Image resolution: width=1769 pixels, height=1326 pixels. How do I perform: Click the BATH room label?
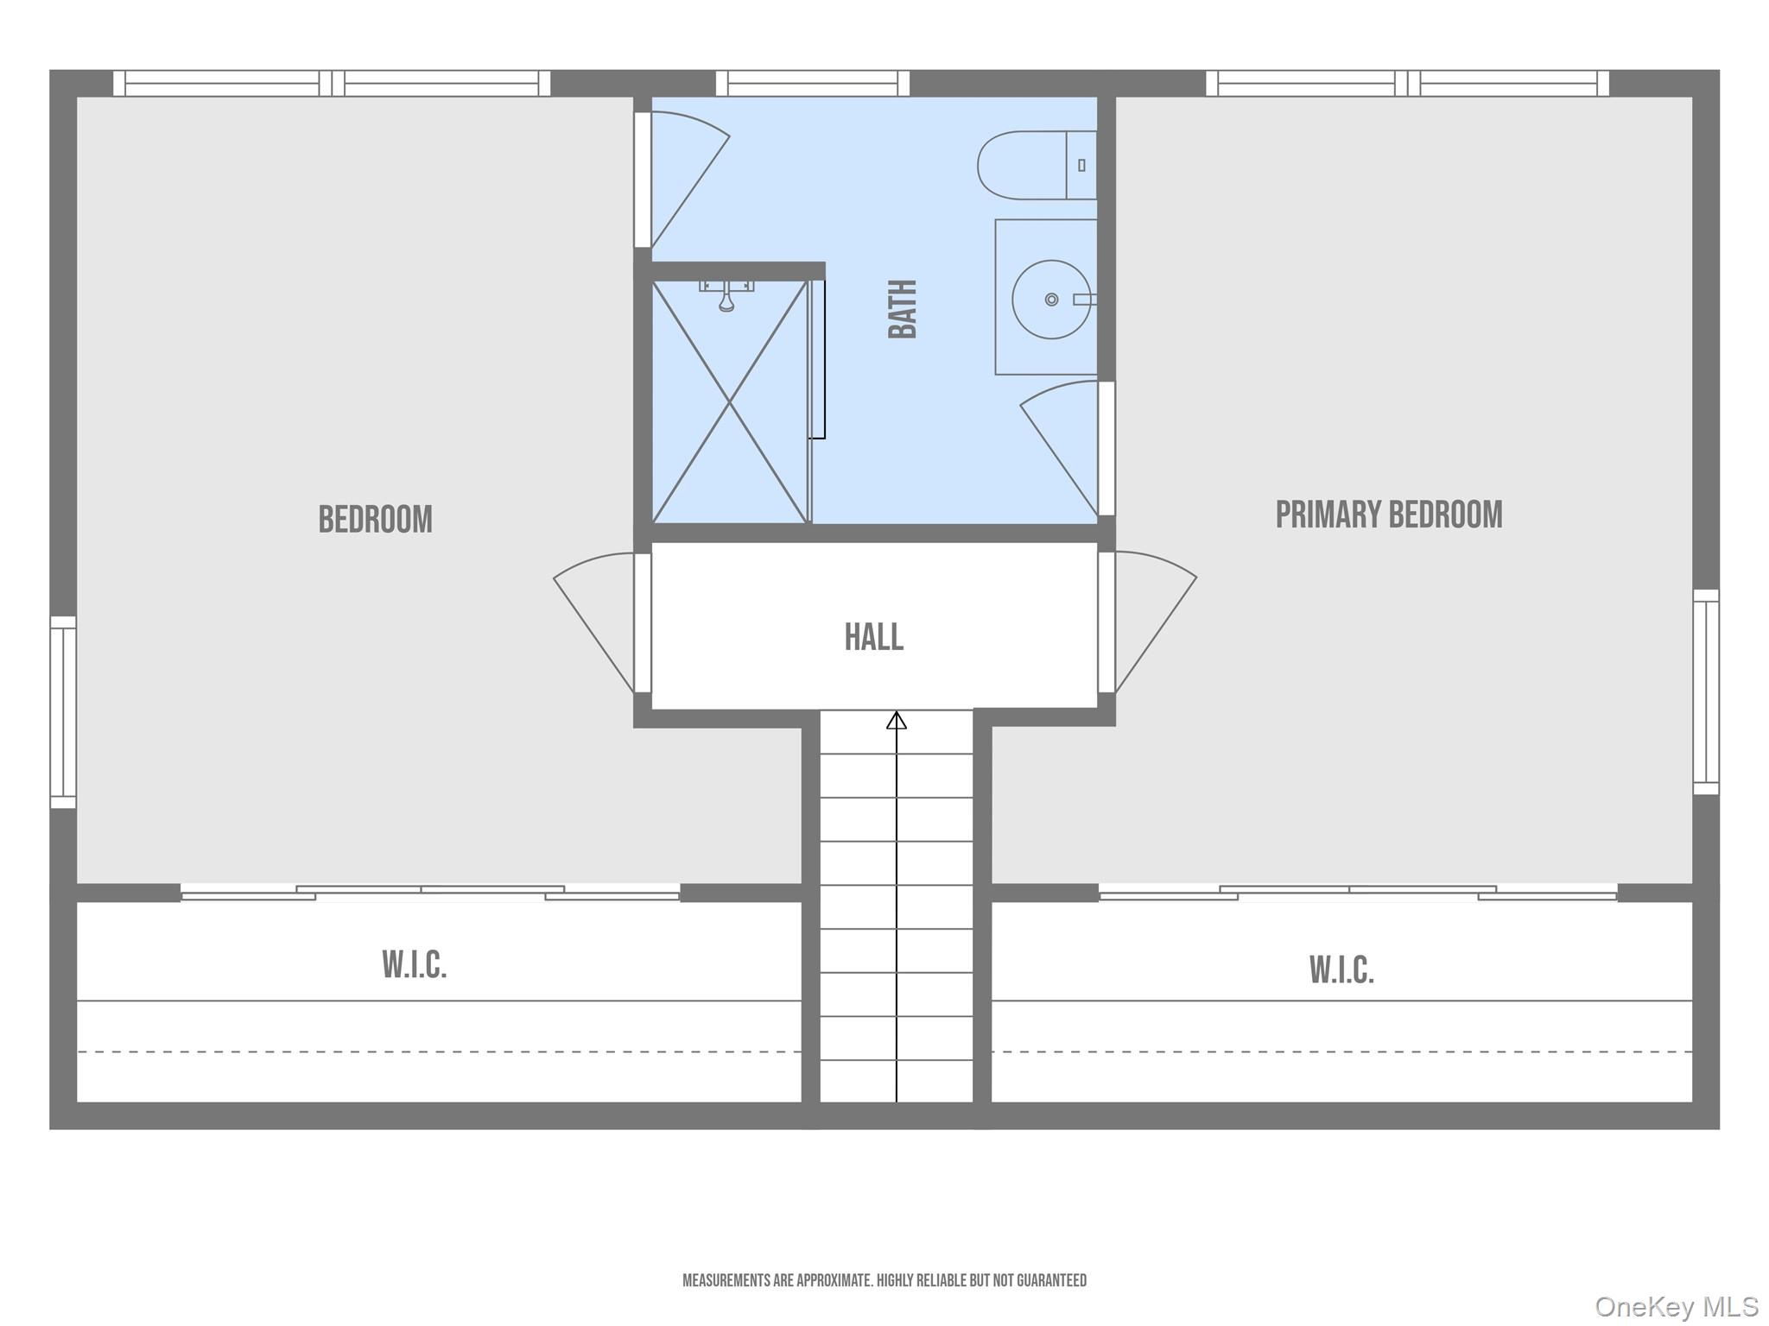click(903, 309)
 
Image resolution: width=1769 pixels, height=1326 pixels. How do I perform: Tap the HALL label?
click(874, 637)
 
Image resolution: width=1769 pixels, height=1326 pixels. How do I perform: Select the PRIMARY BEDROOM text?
click(1389, 515)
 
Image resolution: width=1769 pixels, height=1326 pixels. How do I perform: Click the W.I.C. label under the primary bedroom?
click(1341, 970)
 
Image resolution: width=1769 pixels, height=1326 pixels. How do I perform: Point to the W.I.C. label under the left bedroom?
click(415, 965)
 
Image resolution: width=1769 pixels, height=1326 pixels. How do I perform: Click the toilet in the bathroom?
click(1037, 165)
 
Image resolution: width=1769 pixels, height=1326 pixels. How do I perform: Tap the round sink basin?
click(1051, 300)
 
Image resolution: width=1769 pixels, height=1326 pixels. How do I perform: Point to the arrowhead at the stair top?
click(897, 720)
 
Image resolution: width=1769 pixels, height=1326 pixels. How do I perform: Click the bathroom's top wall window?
click(812, 83)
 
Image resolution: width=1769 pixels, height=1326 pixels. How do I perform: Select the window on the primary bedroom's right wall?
click(1706, 691)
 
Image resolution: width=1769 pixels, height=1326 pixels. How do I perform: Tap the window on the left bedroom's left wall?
click(63, 712)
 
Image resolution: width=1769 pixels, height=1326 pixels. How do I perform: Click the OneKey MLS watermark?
click(1677, 1306)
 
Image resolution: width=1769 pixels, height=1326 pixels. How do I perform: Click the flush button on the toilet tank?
click(1081, 165)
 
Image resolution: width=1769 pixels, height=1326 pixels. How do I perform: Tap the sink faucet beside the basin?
click(1085, 300)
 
